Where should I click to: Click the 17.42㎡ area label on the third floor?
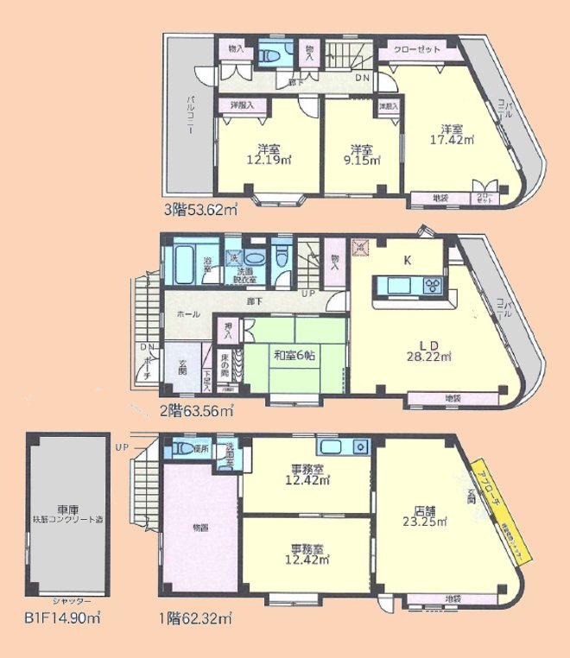pos(456,138)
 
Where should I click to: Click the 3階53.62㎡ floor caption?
pos(201,209)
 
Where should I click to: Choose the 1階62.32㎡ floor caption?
pos(195,618)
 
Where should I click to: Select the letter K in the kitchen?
pos(407,258)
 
